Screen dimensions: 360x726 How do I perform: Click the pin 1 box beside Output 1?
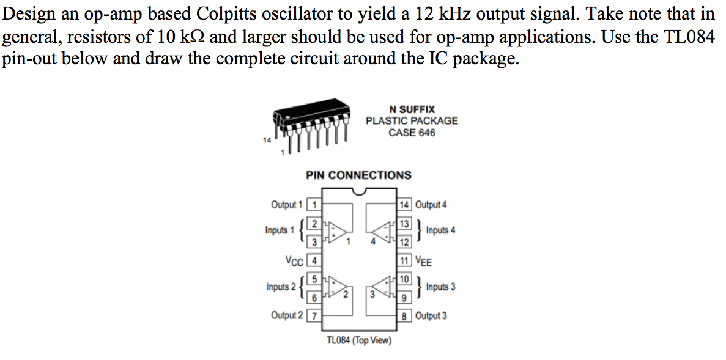[x=314, y=205]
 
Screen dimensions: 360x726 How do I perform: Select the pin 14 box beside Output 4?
[x=404, y=205]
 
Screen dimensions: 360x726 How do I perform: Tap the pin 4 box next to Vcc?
[x=314, y=261]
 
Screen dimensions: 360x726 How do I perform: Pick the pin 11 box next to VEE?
[x=404, y=261]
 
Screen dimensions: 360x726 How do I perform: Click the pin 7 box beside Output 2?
[x=314, y=316]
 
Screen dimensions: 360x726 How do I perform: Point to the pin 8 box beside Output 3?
[x=404, y=316]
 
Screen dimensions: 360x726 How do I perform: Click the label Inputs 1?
[x=280, y=230]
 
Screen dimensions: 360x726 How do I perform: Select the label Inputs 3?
[x=440, y=287]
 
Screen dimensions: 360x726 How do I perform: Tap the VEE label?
[x=424, y=262]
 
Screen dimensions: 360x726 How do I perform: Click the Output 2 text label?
[x=286, y=316]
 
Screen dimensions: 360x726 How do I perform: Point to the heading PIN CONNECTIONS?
[x=358, y=175]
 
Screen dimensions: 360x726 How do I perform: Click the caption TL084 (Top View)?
[x=359, y=340]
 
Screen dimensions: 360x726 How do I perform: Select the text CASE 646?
[x=412, y=133]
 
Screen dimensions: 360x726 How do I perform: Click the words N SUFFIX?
[x=412, y=109]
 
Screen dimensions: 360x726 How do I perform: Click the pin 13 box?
[x=404, y=224]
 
